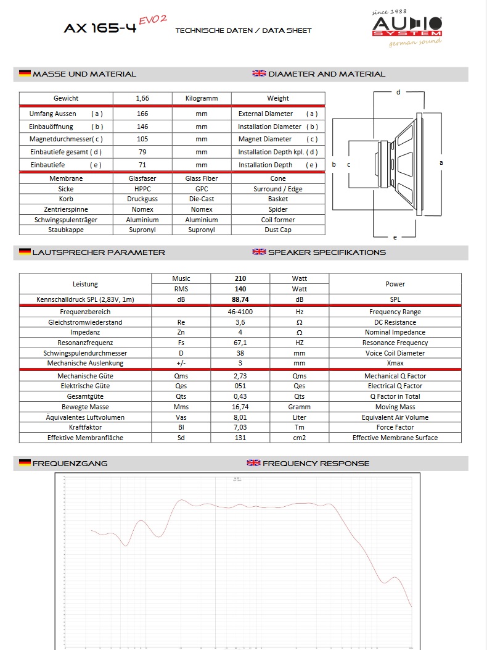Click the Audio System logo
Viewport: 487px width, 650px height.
pos(406,27)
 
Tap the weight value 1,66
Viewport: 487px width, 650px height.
pos(142,98)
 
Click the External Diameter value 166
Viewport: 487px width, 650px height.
pos(142,114)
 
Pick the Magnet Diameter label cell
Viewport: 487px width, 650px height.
pos(278,140)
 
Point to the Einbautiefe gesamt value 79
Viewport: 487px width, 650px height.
pos(142,152)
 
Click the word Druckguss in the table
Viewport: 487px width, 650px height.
pos(142,199)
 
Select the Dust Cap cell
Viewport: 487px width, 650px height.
pos(278,230)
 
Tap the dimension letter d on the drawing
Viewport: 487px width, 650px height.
pos(398,92)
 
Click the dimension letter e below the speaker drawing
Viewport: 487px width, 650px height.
pos(395,237)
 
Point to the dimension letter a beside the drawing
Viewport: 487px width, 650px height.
pos(441,162)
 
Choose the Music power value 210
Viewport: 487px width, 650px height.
pos(240,278)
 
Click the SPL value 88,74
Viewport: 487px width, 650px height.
pos(240,299)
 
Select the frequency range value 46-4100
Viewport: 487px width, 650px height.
pos(240,312)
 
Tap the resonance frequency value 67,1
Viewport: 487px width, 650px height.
pos(240,343)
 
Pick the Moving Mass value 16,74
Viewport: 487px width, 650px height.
pos(240,407)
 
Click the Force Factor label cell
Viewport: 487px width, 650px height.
pos(395,427)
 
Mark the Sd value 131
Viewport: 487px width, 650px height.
pos(240,438)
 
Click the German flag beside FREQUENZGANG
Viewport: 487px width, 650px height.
pos(25,463)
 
